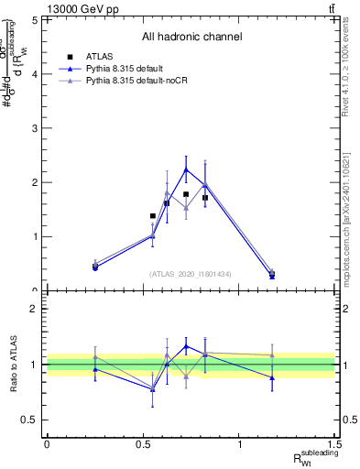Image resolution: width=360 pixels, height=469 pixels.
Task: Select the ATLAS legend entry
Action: pyautogui.click(x=95, y=56)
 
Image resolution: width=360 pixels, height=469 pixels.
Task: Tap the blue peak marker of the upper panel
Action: pyautogui.click(x=186, y=169)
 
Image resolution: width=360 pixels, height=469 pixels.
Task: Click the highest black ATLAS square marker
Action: pyautogui.click(x=186, y=194)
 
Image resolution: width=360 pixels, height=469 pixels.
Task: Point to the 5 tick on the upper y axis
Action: pyautogui.click(x=34, y=19)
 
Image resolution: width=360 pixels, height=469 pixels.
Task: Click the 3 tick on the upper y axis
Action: pyautogui.click(x=34, y=128)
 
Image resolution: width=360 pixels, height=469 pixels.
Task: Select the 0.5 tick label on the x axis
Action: pyautogui.click(x=143, y=444)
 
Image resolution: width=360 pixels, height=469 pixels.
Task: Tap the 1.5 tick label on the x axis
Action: pyautogui.click(x=336, y=444)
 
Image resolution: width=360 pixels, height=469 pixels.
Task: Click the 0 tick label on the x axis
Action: pyautogui.click(x=47, y=444)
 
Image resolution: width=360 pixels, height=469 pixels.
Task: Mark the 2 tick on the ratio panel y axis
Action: pyautogui.click(x=34, y=309)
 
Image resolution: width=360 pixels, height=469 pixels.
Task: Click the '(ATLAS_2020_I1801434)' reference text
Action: pyautogui.click(x=191, y=274)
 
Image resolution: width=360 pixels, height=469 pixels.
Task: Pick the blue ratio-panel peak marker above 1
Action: pyautogui.click(x=186, y=346)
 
